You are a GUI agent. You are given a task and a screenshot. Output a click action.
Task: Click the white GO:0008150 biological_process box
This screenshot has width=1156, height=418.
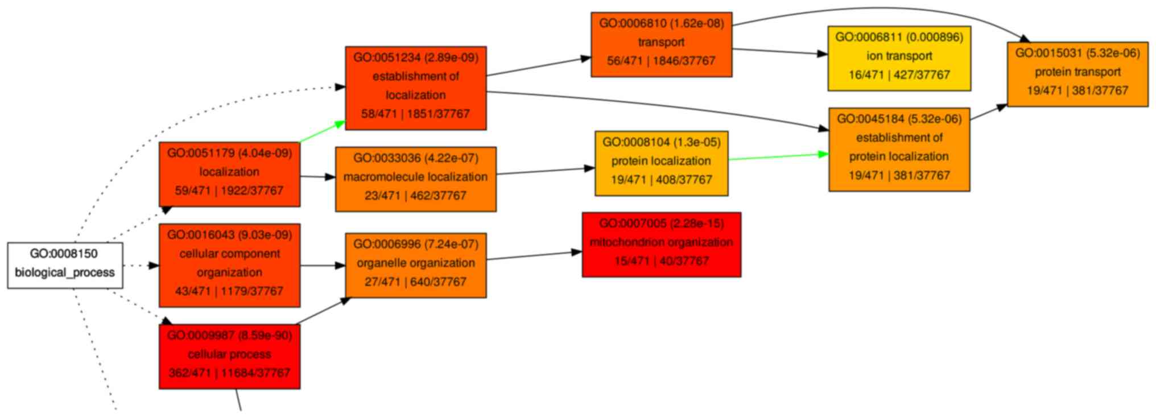coord(65,265)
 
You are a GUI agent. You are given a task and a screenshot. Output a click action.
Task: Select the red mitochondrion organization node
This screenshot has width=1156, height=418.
coord(661,245)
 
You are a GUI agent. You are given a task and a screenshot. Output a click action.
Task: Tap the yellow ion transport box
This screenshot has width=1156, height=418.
coord(899,58)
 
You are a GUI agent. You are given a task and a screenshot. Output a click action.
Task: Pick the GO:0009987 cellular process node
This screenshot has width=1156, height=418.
coord(229,356)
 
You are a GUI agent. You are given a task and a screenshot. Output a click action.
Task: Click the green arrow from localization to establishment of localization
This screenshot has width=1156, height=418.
coord(322,131)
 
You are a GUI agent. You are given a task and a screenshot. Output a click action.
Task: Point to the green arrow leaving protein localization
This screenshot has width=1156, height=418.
coord(778,156)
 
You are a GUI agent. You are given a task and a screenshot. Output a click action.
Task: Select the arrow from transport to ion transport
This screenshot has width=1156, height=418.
coord(779,52)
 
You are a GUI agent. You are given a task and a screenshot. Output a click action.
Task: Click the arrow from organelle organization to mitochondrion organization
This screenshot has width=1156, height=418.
coord(534,255)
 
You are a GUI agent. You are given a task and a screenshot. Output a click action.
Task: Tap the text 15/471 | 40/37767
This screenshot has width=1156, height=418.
coord(661,261)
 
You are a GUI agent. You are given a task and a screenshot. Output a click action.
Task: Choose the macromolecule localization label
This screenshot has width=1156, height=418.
coord(415,177)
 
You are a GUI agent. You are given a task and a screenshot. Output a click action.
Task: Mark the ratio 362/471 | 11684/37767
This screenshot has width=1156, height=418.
coord(229,373)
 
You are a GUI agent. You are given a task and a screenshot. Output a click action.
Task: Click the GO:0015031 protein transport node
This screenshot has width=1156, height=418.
coord(1077,74)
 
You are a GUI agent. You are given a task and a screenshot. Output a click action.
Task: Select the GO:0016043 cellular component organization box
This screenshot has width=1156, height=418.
coord(229,265)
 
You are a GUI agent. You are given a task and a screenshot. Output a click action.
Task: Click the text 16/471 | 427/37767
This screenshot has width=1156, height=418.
coord(899,75)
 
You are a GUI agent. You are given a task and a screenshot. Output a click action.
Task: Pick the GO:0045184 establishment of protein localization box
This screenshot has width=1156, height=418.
coord(899,149)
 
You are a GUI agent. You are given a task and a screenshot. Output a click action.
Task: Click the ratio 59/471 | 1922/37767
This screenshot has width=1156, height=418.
coord(229,191)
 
